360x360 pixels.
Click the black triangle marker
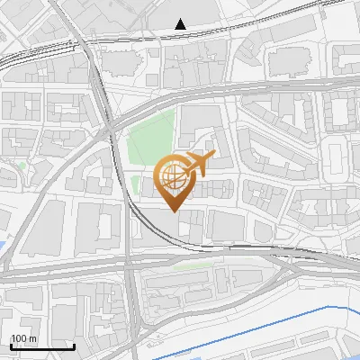[182, 24]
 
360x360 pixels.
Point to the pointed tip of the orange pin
[173, 211]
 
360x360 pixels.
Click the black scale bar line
[41, 346]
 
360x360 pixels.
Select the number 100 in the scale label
[18, 338]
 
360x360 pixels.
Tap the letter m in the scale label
[32, 338]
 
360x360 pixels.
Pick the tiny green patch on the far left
[22, 166]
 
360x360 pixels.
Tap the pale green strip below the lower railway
[189, 266]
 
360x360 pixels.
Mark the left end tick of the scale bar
[10, 345]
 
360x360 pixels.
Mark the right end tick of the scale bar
[73, 345]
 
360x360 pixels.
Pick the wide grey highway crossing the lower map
[90, 265]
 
